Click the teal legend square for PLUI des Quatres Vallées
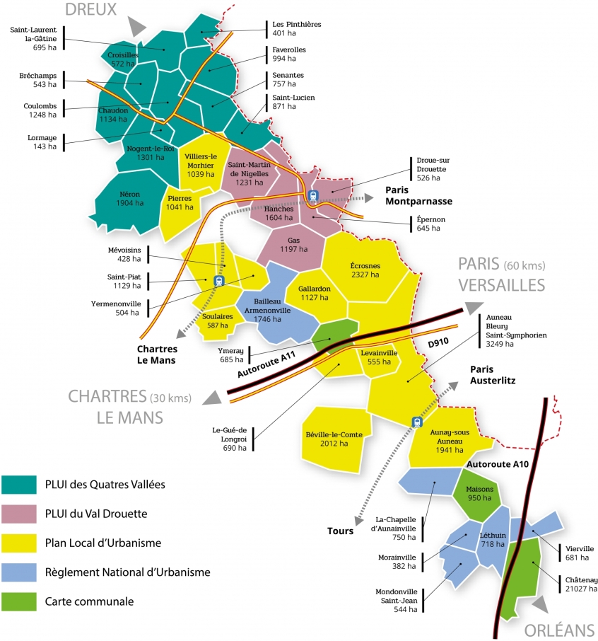click(18, 485)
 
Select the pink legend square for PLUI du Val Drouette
click(18, 514)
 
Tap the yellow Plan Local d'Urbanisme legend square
click(18, 543)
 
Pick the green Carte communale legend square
click(18, 601)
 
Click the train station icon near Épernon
click(313, 196)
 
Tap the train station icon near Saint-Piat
click(218, 281)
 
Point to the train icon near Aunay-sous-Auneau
click(416, 422)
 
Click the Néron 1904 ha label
click(130, 198)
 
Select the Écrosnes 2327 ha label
click(365, 270)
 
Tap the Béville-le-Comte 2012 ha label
click(333, 439)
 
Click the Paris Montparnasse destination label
click(418, 195)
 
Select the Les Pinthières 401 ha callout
click(296, 28)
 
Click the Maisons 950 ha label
click(479, 493)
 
